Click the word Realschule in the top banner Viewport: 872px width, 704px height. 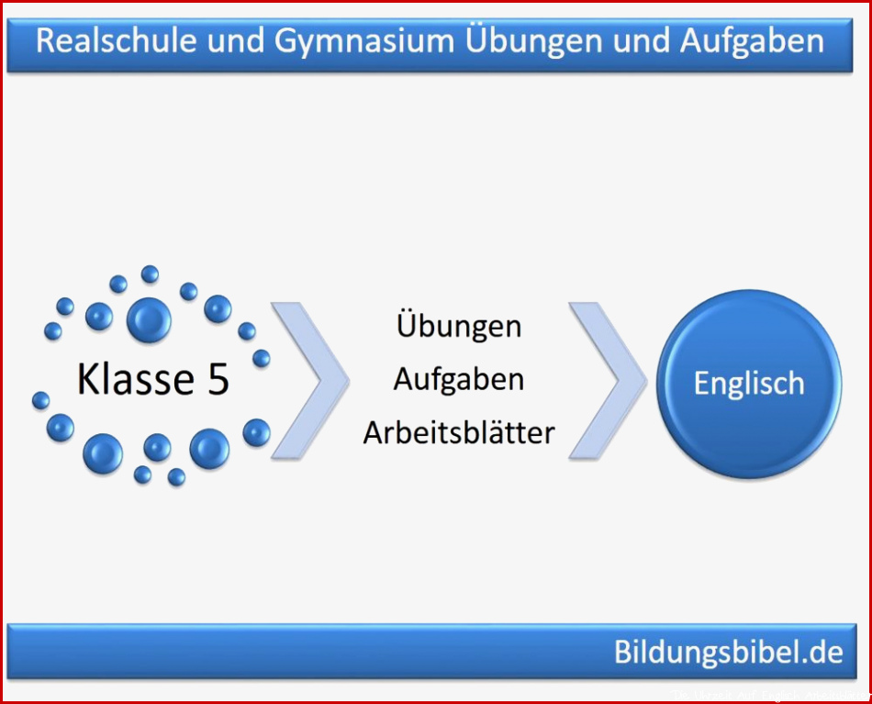(x=117, y=40)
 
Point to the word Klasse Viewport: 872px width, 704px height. (x=136, y=379)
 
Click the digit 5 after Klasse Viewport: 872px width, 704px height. (x=218, y=380)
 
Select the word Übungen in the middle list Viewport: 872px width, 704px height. (x=459, y=324)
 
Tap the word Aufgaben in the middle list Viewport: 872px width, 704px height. (x=459, y=381)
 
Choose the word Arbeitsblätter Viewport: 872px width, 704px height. (x=459, y=432)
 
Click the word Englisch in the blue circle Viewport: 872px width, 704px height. (x=749, y=385)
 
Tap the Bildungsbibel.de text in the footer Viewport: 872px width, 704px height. (x=729, y=652)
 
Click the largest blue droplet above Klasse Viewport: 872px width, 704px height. (x=149, y=319)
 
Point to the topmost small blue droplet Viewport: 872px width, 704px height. (x=150, y=274)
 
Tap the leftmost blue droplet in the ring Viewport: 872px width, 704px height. (x=40, y=400)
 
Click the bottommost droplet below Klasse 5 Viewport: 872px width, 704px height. (x=176, y=477)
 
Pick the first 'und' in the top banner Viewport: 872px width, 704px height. (x=235, y=41)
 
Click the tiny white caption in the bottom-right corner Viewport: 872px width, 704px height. (x=770, y=696)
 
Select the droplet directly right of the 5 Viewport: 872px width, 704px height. (x=262, y=358)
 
